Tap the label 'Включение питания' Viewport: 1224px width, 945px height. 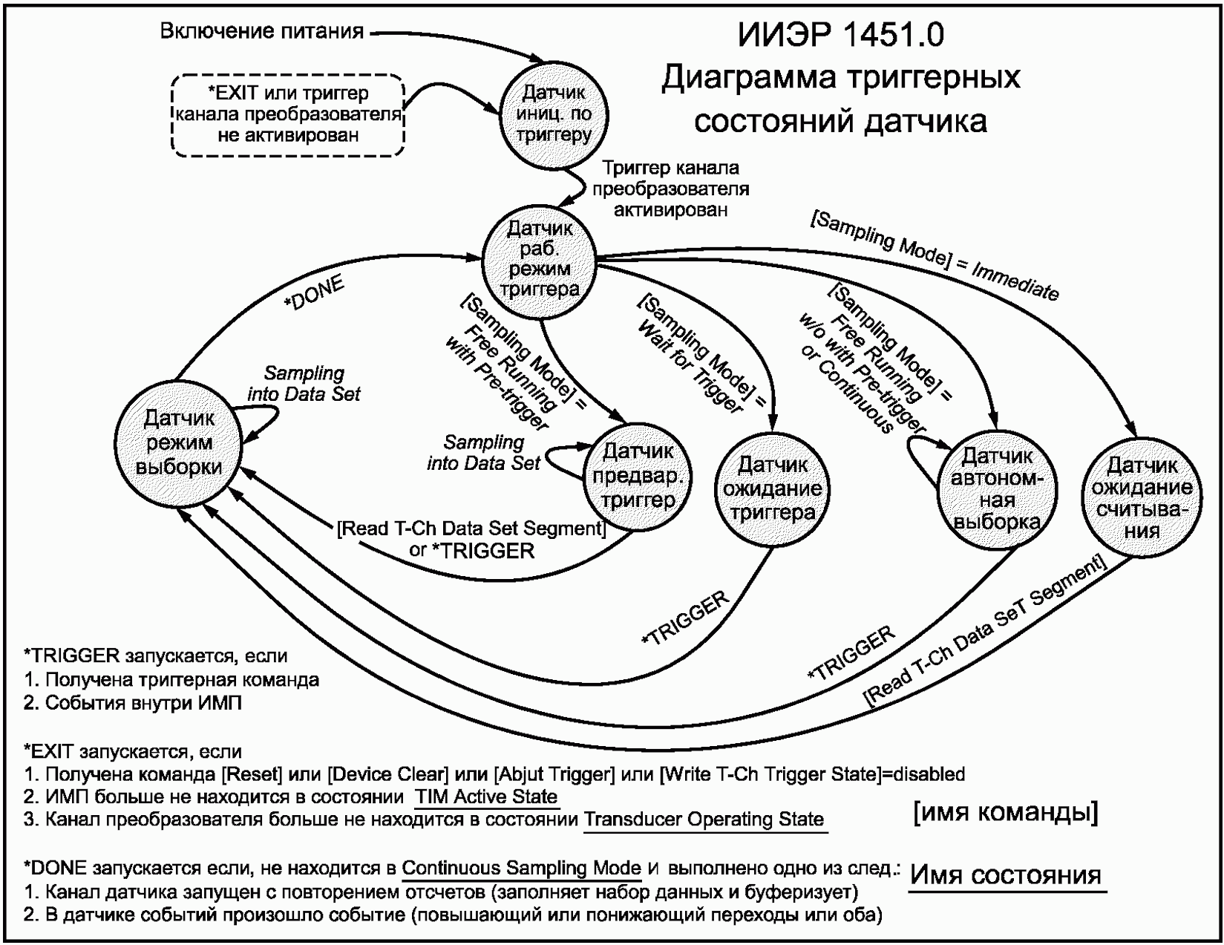[262, 31]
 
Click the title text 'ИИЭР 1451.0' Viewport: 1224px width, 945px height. [840, 35]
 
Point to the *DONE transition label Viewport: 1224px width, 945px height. [314, 294]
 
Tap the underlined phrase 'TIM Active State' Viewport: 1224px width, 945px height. [486, 797]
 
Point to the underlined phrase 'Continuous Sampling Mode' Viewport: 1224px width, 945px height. [522, 868]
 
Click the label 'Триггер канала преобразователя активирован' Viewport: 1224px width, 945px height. [670, 189]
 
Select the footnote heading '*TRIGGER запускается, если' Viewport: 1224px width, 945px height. [155, 655]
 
